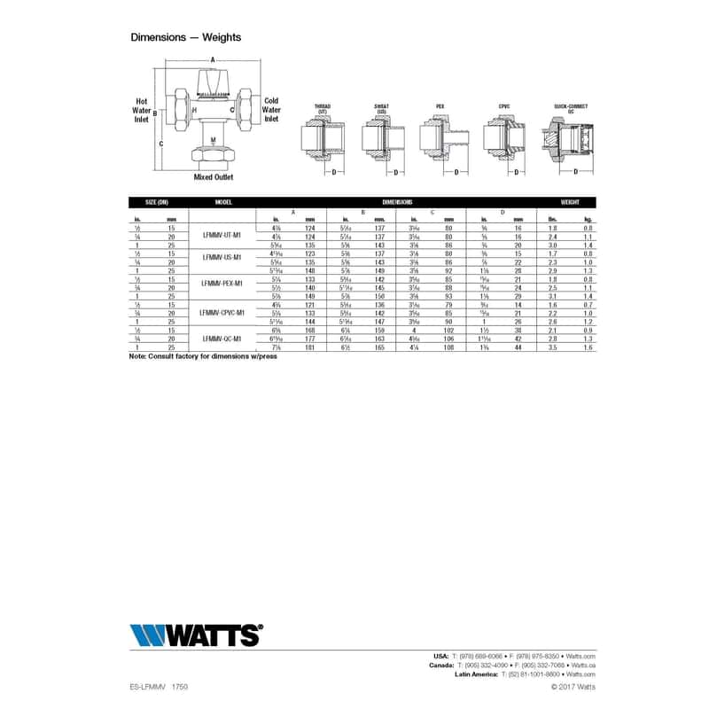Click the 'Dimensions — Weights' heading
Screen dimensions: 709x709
pos(185,37)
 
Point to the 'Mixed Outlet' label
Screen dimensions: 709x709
pos(213,177)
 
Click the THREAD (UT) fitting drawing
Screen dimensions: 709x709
pos(323,139)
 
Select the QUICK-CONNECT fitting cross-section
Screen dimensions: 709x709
pos(571,140)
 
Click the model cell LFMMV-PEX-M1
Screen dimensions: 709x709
pos(222,283)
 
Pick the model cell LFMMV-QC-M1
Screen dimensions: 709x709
pos(222,339)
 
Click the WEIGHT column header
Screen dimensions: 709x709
pos(570,202)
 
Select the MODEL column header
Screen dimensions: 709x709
pos(222,202)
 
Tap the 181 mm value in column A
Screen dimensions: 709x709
pos(309,348)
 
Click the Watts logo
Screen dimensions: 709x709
pos(196,635)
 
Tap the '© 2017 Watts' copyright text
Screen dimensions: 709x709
pos(573,686)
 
